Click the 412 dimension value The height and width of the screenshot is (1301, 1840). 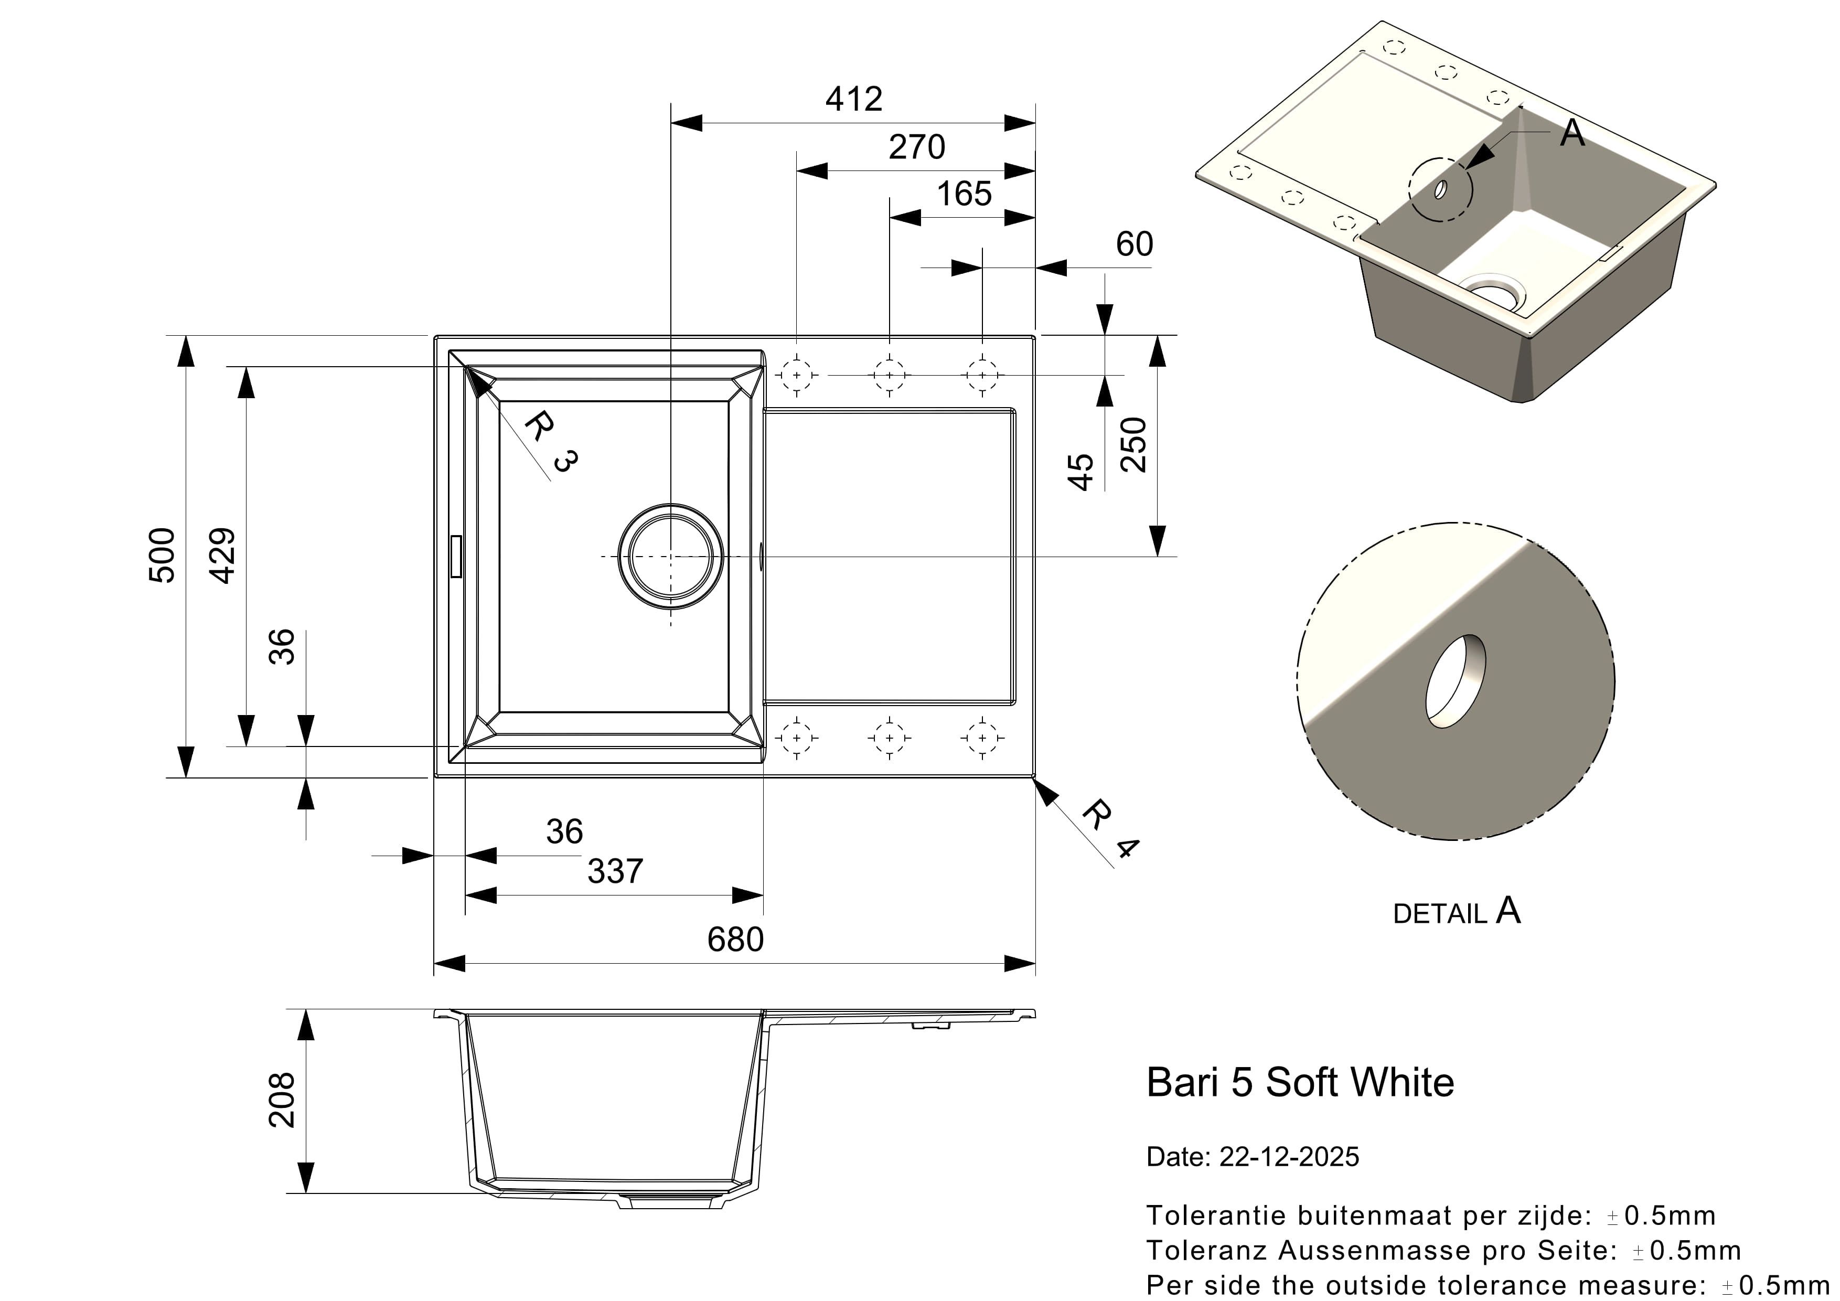[x=853, y=99]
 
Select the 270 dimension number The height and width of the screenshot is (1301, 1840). [x=917, y=147]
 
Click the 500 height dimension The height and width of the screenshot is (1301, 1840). [x=163, y=556]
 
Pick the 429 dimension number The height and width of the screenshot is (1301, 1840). [x=223, y=556]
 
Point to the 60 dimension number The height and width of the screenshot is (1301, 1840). [x=1134, y=244]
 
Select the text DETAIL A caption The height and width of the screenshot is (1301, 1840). [x=1456, y=912]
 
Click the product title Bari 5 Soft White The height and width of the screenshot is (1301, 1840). [x=1300, y=1083]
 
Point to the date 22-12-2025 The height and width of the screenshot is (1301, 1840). [x=1289, y=1157]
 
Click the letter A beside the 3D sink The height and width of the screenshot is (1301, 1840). [x=1572, y=133]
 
